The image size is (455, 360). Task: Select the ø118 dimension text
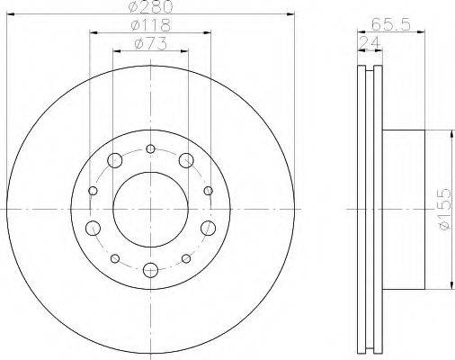[x=151, y=25]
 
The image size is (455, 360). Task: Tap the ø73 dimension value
[x=150, y=44]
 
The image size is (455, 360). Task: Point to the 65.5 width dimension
[x=390, y=24]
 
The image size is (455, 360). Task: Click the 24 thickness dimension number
[x=370, y=43]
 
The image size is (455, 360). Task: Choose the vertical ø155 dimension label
[x=444, y=209]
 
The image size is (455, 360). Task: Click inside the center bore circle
[x=150, y=210]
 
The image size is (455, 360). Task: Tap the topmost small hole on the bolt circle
[x=150, y=148]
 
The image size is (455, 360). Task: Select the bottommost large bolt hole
[x=150, y=270]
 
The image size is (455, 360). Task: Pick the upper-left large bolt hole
[x=114, y=160]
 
